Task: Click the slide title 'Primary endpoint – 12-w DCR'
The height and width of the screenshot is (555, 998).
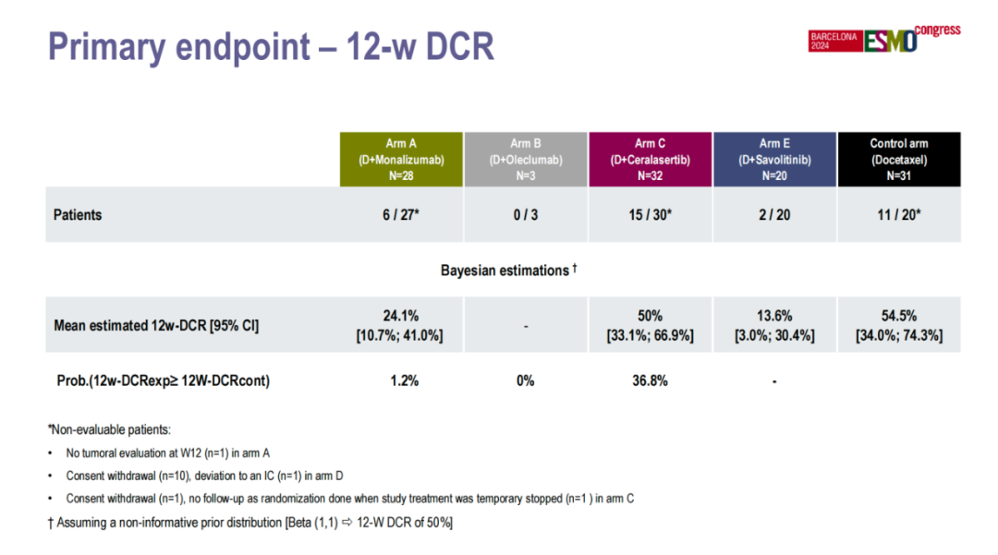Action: coord(271,47)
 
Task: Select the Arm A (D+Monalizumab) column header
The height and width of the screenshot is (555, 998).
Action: coord(400,159)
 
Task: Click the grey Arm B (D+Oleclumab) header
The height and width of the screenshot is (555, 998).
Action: coord(525,159)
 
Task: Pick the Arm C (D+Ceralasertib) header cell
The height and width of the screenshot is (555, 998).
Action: coord(650,159)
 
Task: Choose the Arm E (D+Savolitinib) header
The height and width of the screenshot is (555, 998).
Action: coord(774,159)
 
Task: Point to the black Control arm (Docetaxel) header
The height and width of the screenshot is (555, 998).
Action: coord(898,159)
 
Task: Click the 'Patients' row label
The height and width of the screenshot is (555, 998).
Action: coord(78,215)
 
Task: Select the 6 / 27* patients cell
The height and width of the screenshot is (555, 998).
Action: coord(400,215)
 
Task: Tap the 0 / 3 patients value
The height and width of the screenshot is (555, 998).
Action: coord(525,215)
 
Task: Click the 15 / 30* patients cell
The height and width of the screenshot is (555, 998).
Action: coord(650,215)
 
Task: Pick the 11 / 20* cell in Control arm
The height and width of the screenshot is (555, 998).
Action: coord(898,215)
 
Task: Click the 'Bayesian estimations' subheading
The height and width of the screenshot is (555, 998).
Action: coord(508,271)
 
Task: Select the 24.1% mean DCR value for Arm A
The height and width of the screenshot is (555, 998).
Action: coord(400,316)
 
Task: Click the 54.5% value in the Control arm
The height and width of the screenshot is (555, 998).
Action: coord(898,316)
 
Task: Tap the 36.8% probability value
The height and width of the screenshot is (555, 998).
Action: coord(650,380)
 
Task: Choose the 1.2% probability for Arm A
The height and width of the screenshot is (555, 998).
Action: coord(400,380)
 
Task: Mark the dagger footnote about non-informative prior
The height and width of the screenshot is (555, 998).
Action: coord(250,523)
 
